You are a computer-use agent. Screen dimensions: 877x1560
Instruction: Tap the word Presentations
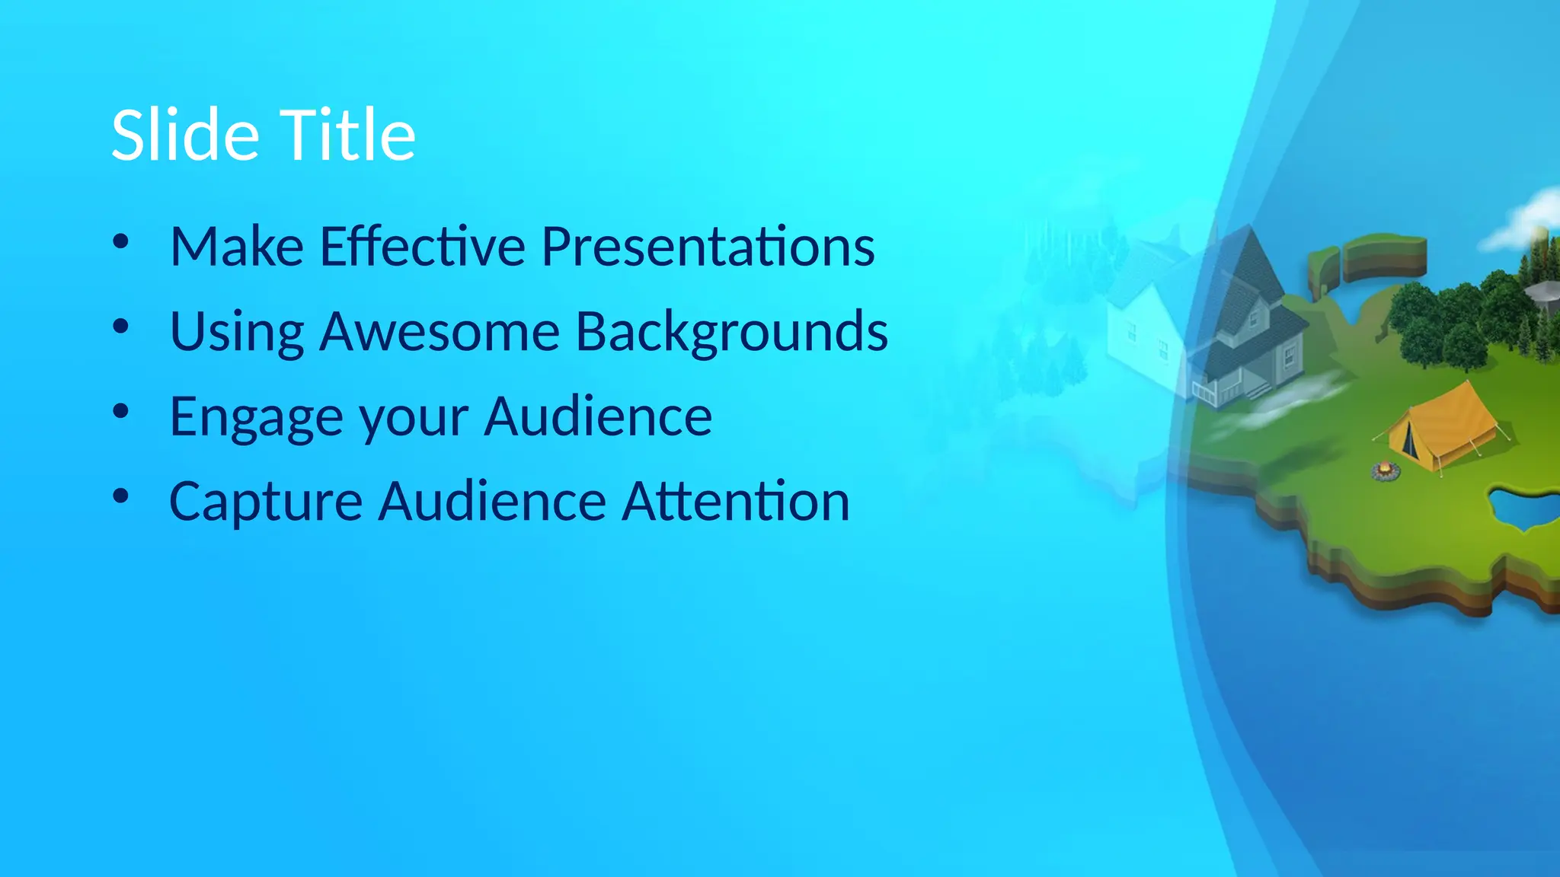pos(708,247)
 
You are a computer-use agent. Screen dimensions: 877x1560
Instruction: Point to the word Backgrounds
pos(731,332)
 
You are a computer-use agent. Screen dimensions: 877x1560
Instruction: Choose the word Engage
pos(255,417)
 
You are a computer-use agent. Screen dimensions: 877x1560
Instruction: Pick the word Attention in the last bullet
pos(735,502)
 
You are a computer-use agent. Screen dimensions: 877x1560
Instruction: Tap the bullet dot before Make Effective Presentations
pos(120,242)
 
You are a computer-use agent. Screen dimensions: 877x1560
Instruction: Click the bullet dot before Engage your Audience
pos(120,412)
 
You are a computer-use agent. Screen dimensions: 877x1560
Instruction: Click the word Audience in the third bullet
pos(598,417)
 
